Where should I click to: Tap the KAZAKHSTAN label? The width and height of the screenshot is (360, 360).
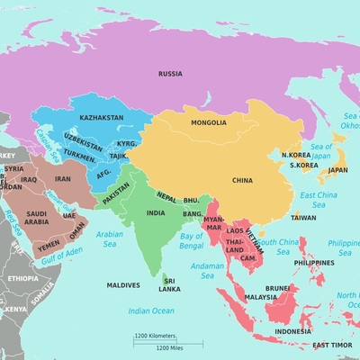(102, 118)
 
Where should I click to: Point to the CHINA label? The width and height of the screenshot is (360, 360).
(242, 180)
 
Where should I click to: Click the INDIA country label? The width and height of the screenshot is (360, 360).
(156, 213)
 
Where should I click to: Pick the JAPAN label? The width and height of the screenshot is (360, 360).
(337, 169)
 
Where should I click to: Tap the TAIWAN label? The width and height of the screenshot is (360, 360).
(303, 217)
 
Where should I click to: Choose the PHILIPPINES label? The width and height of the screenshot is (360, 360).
(314, 263)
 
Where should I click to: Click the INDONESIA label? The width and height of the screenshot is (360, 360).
(292, 330)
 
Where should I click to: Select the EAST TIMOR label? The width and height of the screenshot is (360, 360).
(332, 345)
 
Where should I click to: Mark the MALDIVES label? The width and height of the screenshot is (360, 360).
(123, 285)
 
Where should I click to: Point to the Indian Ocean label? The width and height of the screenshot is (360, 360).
(151, 310)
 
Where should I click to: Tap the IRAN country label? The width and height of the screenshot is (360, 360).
(63, 179)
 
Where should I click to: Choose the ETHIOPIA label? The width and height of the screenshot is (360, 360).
(22, 279)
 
